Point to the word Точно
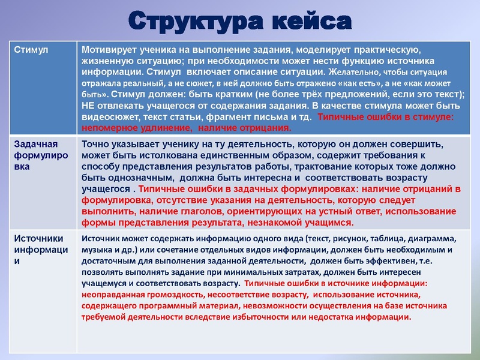click(x=95, y=145)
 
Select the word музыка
click(x=98, y=249)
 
